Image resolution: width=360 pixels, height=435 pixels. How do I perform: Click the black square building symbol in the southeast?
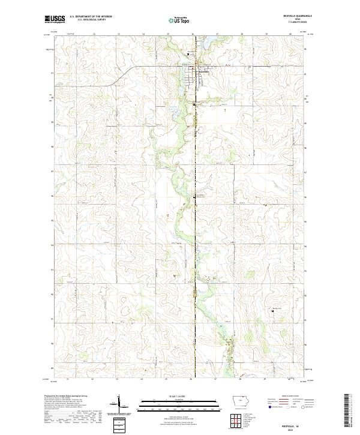273,311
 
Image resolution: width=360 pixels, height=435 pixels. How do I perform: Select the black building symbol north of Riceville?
188,55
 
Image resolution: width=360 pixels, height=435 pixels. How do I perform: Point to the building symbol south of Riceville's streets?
194,105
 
